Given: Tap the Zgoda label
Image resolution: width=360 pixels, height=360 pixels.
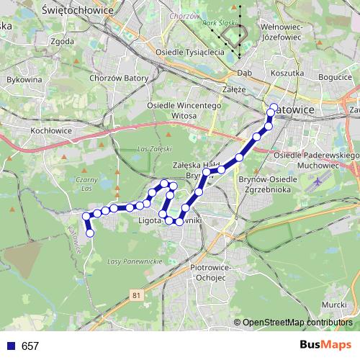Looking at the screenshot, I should click(63, 41).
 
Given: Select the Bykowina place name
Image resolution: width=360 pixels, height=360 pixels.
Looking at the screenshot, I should click(24, 79).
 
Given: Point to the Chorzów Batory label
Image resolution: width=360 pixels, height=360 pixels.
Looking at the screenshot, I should click(119, 78).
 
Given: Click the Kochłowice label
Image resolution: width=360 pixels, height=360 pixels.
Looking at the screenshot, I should click(50, 131).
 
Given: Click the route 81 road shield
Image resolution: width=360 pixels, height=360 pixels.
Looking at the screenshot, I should click(137, 295).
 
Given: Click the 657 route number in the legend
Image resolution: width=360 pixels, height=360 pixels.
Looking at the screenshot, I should click(30, 346).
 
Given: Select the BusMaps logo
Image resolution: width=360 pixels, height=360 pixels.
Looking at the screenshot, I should click(325, 345).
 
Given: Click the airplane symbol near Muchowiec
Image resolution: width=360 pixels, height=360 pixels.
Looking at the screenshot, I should click(318, 183).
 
